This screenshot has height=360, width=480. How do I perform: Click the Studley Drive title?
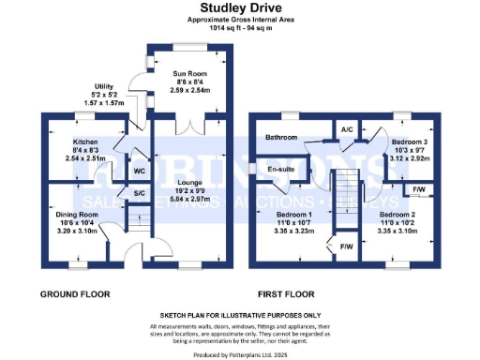[x=240, y=9]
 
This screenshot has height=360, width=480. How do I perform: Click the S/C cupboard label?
[x=139, y=194]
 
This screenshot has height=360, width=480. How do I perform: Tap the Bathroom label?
[x=280, y=138]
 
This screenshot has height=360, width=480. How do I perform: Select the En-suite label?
[x=281, y=170]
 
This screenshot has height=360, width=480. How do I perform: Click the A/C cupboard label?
[x=346, y=129]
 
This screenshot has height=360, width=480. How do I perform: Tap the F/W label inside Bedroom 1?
[x=346, y=247]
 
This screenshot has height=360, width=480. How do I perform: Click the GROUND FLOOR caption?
[x=74, y=293]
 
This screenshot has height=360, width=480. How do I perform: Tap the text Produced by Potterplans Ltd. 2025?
[x=240, y=353]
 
